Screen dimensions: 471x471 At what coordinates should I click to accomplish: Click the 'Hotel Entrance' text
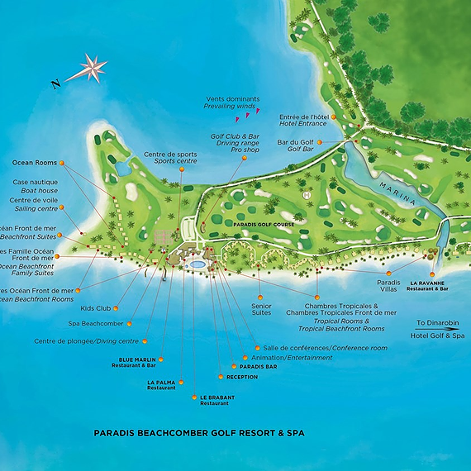tap(303, 124)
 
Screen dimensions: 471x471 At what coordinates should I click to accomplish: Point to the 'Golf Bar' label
tap(303, 150)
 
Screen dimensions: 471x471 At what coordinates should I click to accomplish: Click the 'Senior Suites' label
tap(261, 310)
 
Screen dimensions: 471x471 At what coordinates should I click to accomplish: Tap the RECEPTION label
tap(242, 377)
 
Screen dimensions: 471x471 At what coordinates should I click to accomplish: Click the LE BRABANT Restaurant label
tap(216, 400)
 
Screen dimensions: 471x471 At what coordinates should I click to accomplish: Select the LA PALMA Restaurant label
tap(162, 384)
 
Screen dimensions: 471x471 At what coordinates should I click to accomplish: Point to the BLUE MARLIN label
tap(137, 359)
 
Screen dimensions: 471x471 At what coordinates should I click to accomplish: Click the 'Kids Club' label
tap(96, 308)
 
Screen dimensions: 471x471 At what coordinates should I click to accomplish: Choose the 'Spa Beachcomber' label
tap(96, 323)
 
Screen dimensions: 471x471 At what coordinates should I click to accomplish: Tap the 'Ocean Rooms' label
tap(35, 163)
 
